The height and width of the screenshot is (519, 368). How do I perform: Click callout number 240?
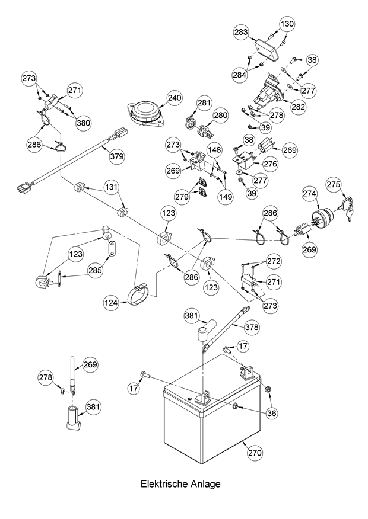(173, 98)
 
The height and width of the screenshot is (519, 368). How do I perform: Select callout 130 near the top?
(287, 24)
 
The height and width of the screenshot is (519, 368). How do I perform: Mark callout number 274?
(310, 193)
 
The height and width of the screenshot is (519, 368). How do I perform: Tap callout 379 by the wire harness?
(117, 156)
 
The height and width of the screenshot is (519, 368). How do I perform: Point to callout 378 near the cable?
(252, 327)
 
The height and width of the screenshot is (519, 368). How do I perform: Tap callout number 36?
(271, 413)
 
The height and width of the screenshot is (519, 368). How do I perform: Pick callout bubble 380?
(84, 123)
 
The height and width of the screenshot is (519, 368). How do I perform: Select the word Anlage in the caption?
(205, 484)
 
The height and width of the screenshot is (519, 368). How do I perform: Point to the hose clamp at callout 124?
(144, 291)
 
